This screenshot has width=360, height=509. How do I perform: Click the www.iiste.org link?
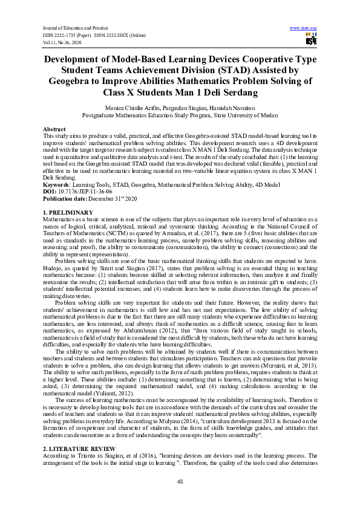pos(303,28)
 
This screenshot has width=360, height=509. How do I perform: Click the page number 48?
pos(180,481)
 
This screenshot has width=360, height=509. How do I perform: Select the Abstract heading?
pos(54,130)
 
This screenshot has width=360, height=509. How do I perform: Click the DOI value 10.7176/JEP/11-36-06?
pos(80,190)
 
